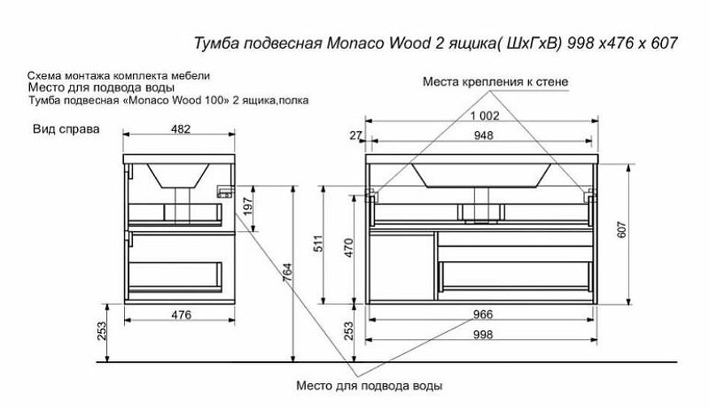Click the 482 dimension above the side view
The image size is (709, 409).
pyautogui.click(x=180, y=127)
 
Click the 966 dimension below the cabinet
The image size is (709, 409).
pyautogui.click(x=482, y=313)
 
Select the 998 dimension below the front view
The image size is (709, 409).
pyautogui.click(x=482, y=334)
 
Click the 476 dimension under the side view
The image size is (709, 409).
pyautogui.click(x=180, y=313)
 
